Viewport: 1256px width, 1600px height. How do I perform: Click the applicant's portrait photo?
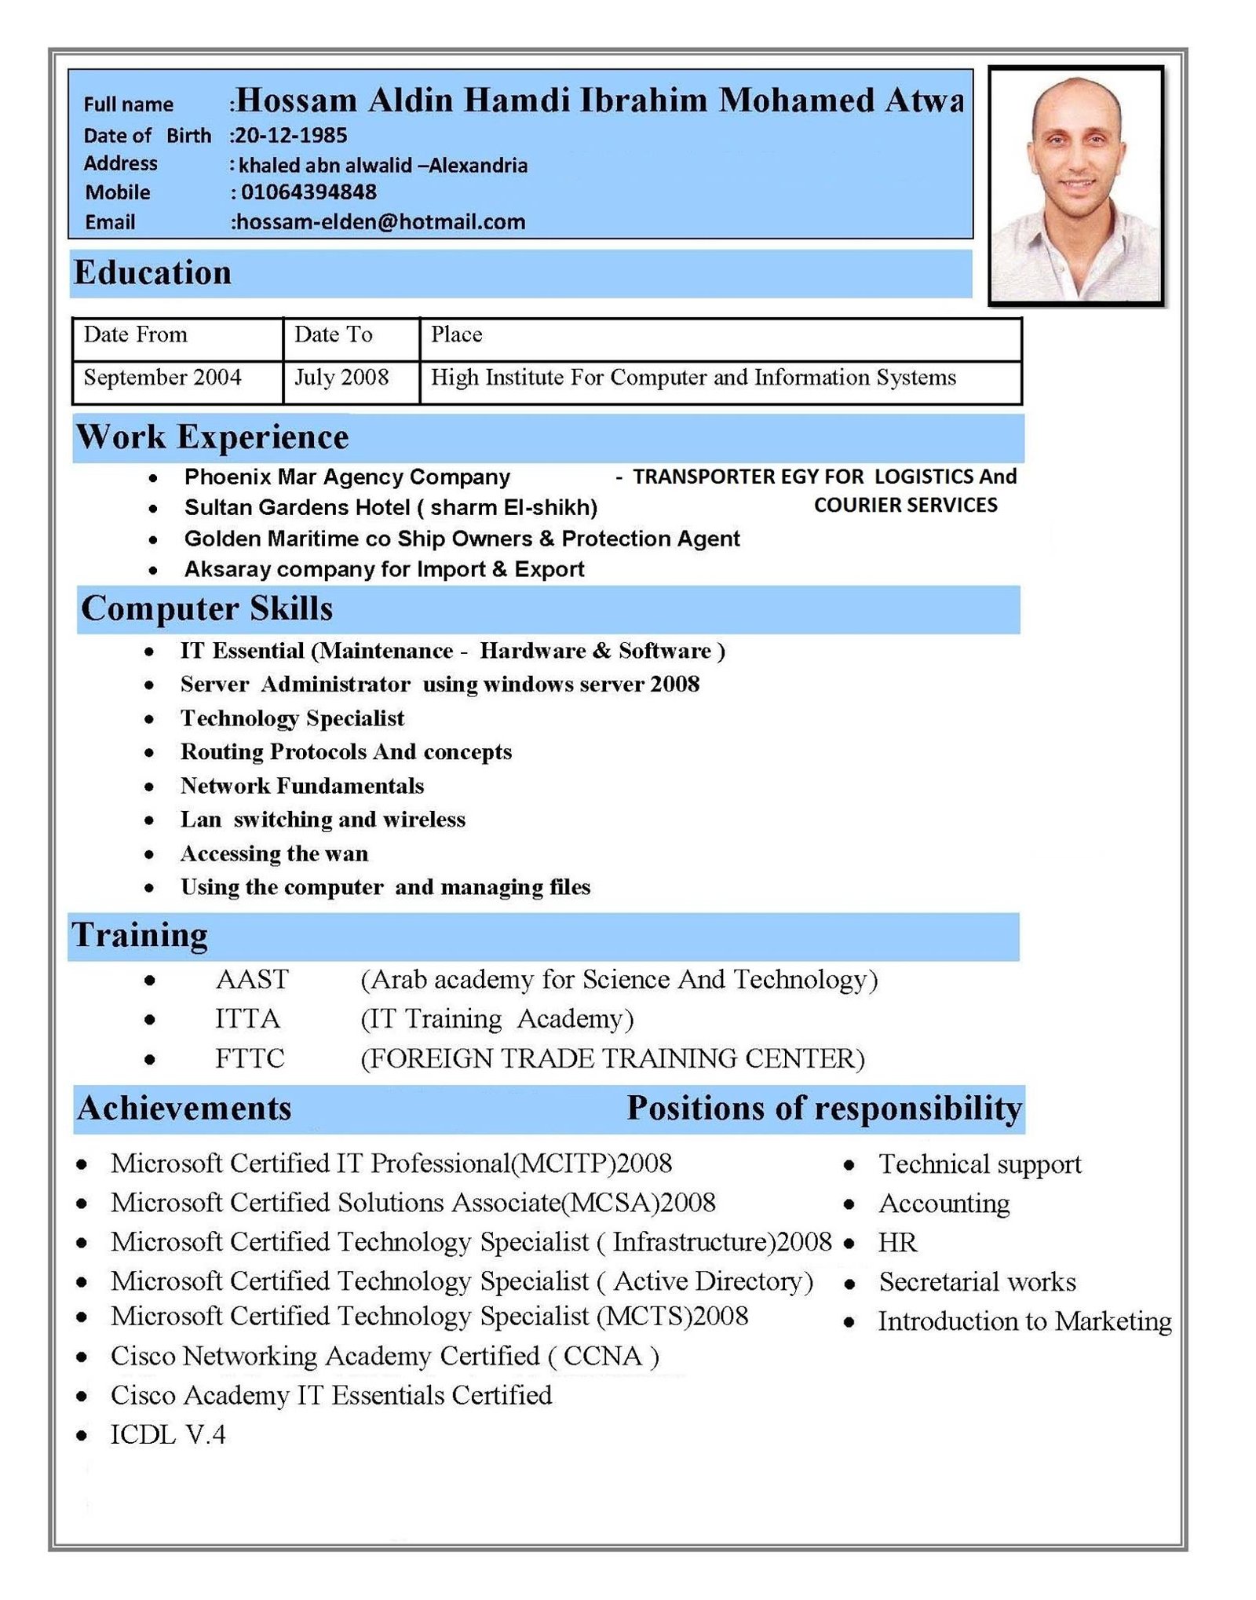pos(1075,186)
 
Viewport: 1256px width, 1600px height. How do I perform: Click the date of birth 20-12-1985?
pos(290,136)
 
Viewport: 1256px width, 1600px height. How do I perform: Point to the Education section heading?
pos(153,273)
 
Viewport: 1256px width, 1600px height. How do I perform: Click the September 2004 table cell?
pos(162,378)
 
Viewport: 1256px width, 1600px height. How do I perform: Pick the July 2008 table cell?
pos(341,378)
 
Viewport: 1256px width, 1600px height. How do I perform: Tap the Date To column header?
pos(334,335)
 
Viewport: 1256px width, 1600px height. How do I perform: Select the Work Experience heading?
pos(212,437)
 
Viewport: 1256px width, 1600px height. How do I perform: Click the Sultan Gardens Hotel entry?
pos(391,508)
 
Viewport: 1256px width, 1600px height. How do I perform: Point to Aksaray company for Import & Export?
pos(384,569)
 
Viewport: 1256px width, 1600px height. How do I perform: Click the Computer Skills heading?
pos(207,609)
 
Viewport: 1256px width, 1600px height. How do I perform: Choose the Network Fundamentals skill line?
pos(302,786)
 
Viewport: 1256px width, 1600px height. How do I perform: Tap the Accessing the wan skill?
pos(274,853)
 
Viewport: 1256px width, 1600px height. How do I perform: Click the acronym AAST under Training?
pos(252,980)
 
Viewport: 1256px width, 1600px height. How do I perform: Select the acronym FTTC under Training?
pos(250,1059)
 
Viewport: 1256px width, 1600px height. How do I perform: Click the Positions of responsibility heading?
pos(824,1109)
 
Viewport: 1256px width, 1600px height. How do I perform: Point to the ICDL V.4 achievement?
pos(168,1435)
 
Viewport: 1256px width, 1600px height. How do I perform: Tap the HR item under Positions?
pos(897,1243)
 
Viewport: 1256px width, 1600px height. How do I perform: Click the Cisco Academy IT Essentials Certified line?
pos(331,1396)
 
